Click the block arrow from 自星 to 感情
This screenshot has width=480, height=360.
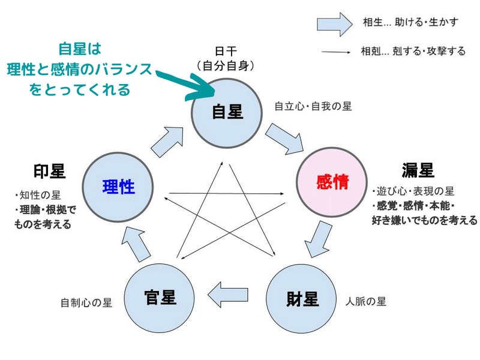pyautogui.click(x=284, y=139)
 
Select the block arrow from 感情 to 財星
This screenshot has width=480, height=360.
pyautogui.click(x=319, y=239)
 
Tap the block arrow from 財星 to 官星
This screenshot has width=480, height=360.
pyautogui.click(x=227, y=295)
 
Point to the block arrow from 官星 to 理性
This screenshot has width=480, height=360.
pyautogui.click(x=136, y=245)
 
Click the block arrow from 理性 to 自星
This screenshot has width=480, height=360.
pyautogui.click(x=167, y=142)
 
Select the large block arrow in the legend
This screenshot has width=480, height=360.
pyautogui.click(x=335, y=24)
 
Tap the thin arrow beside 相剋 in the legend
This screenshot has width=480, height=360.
pyautogui.click(x=336, y=52)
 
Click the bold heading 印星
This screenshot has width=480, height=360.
pyautogui.click(x=49, y=171)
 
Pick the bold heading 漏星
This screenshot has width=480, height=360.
pyautogui.click(x=418, y=170)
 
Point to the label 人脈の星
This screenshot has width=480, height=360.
pyautogui.click(x=365, y=302)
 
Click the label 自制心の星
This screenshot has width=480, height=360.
pyautogui.click(x=86, y=303)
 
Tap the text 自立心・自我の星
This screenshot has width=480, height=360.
pyautogui.click(x=313, y=106)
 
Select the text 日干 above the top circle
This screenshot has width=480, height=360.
pyautogui.click(x=226, y=51)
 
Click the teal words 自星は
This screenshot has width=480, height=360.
pyautogui.click(x=80, y=49)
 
